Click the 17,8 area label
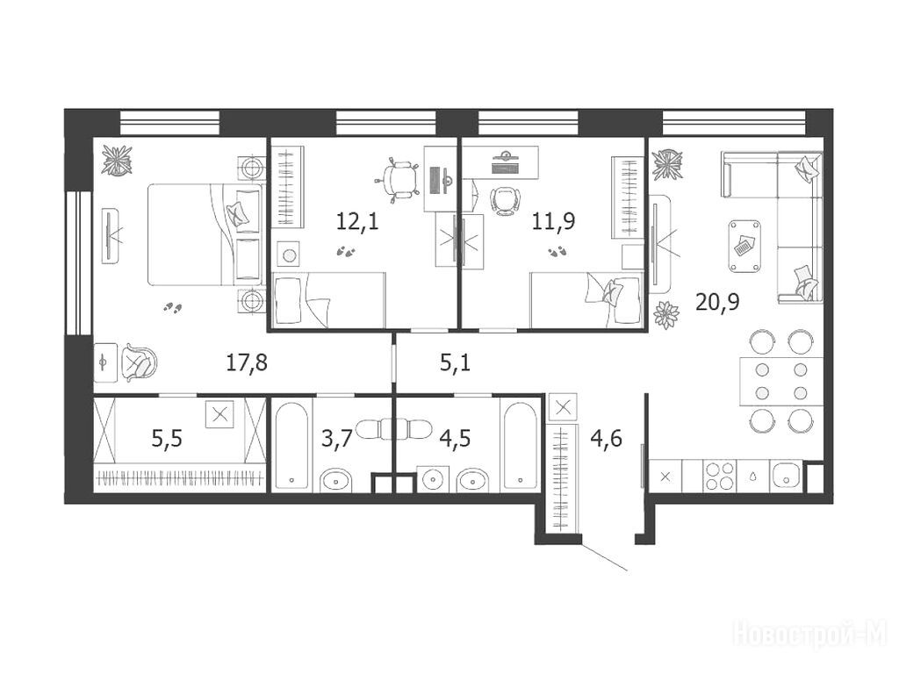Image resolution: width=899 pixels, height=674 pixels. pyautogui.click(x=247, y=362)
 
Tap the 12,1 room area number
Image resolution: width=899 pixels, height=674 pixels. pyautogui.click(x=358, y=220)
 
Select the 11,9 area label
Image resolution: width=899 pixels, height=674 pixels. pyautogui.click(x=554, y=220)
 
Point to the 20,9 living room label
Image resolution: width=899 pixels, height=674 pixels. pyautogui.click(x=717, y=301)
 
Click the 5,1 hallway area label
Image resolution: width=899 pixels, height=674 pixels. pyautogui.click(x=456, y=362)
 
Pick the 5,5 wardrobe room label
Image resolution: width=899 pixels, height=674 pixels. pyautogui.click(x=167, y=439)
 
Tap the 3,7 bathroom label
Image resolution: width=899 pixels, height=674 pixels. pyautogui.click(x=336, y=439)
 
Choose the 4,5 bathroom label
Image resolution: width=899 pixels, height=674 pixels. pyautogui.click(x=456, y=439)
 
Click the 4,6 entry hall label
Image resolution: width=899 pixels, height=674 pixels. pyautogui.click(x=607, y=439)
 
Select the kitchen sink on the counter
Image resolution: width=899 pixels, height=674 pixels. pyautogui.click(x=786, y=476)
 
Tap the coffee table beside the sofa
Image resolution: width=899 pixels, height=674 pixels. pyautogui.click(x=744, y=247)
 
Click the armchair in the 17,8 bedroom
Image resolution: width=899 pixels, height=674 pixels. pyautogui.click(x=138, y=362)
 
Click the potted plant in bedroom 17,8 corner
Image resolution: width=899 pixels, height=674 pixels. pyautogui.click(x=117, y=160)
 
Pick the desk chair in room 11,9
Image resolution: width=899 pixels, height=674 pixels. pyautogui.click(x=506, y=201)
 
